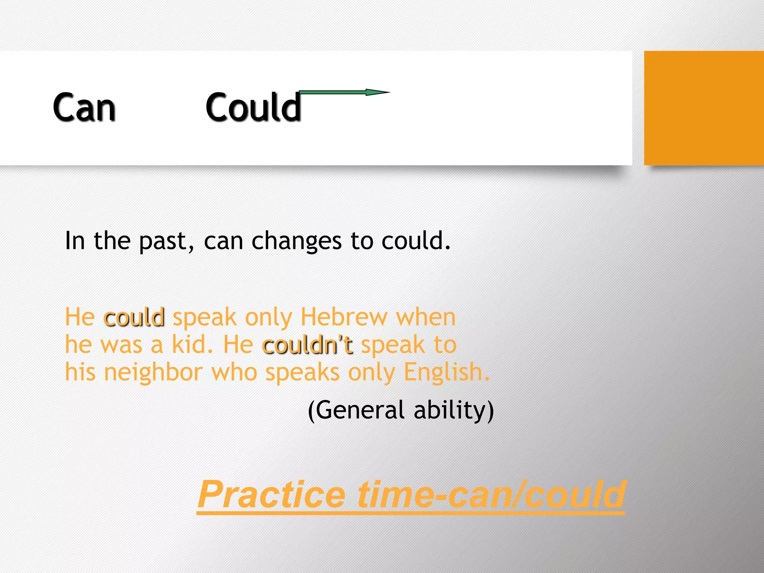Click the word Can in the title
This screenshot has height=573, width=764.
point(84,107)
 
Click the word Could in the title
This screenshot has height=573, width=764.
point(253,107)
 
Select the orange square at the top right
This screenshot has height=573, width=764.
point(704,108)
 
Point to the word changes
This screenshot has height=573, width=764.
point(296,241)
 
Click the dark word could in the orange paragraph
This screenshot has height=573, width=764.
point(134,318)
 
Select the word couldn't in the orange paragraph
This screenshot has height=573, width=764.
point(308,345)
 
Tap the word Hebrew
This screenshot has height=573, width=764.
point(344,317)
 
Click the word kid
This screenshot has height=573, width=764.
point(192,345)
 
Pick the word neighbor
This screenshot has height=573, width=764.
point(153,372)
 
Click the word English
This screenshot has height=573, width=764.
point(446,372)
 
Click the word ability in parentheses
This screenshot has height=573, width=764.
point(453,410)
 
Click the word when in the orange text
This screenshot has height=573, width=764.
point(426,317)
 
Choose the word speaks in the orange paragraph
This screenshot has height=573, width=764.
point(303,372)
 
